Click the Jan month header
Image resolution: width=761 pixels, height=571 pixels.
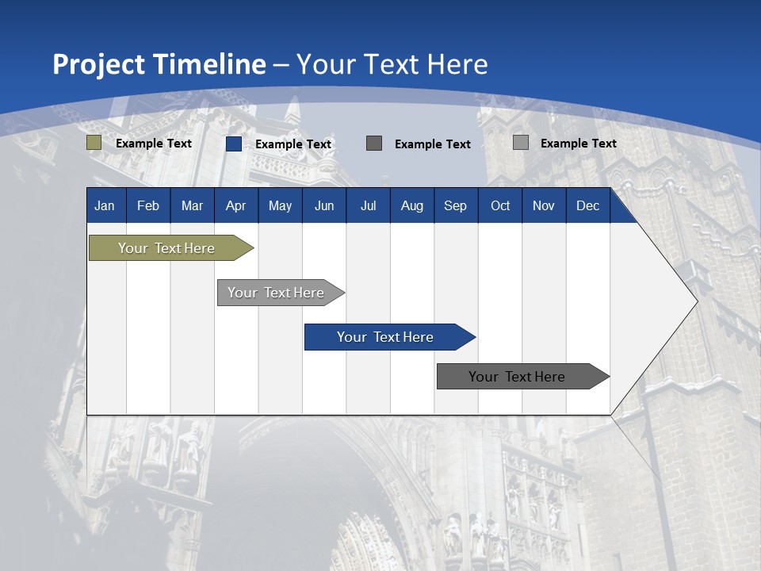(105, 205)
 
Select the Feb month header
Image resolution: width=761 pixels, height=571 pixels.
(148, 205)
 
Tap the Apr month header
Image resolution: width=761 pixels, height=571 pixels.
(235, 205)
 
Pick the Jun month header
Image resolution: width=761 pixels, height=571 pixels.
(324, 205)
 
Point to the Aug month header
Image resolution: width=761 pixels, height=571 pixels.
(411, 205)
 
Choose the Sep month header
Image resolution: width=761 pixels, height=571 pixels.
(455, 205)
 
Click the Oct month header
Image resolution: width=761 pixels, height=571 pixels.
(500, 205)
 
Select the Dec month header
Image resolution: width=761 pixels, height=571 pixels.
(587, 205)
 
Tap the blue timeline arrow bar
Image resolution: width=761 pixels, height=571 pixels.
(386, 337)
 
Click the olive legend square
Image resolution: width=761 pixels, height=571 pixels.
(94, 143)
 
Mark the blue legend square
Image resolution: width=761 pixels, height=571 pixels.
(234, 144)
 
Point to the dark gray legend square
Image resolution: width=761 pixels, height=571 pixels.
(374, 143)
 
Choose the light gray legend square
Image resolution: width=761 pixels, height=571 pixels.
(521, 143)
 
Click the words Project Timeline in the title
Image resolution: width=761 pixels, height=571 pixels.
(159, 64)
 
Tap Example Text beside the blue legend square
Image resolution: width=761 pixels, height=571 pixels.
(293, 144)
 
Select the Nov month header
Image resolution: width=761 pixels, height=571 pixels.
(544, 205)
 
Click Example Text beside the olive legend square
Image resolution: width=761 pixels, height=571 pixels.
(154, 144)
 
